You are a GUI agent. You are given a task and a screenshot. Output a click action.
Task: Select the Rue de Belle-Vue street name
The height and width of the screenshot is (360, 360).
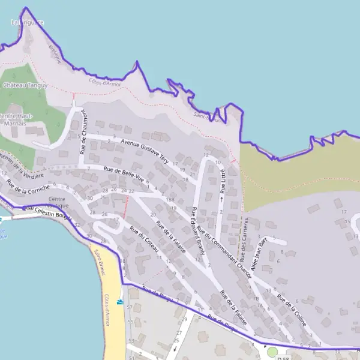124,175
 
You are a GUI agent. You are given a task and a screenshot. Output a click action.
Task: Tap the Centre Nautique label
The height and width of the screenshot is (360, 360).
58,202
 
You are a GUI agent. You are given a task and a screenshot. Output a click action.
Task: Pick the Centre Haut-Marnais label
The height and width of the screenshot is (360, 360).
16,119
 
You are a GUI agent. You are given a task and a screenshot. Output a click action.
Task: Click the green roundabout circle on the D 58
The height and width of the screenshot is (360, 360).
272,352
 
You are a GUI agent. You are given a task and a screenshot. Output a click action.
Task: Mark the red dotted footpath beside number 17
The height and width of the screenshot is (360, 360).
125,207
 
